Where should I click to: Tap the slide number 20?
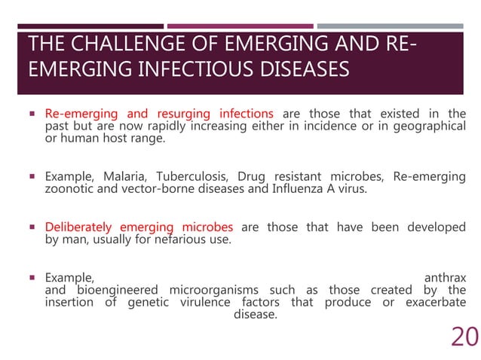tap(464, 337)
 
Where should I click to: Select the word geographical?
tap(430, 127)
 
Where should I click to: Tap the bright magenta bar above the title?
tap(240, 26)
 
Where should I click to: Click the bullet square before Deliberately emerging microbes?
tap(32, 227)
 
